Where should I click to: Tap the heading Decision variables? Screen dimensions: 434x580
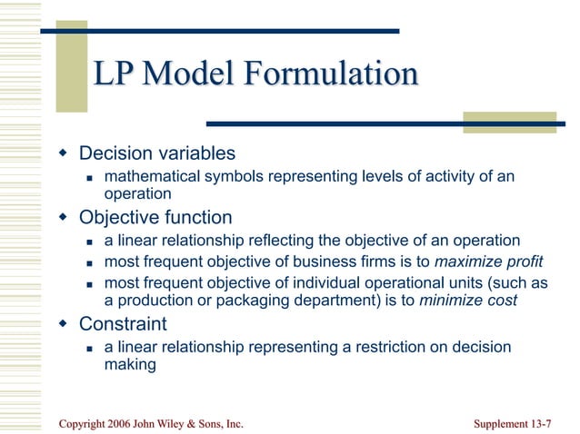157,153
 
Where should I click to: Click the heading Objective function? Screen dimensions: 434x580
155,218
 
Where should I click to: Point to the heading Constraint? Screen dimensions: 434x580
123,324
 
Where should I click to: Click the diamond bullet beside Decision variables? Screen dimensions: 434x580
63,153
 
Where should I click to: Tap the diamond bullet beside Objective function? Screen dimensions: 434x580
63,218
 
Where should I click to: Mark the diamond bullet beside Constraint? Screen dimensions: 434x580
63,324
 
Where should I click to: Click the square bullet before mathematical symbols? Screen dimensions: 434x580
90,177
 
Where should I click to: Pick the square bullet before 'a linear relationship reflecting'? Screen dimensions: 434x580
90,242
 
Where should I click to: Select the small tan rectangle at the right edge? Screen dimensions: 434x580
509,123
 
